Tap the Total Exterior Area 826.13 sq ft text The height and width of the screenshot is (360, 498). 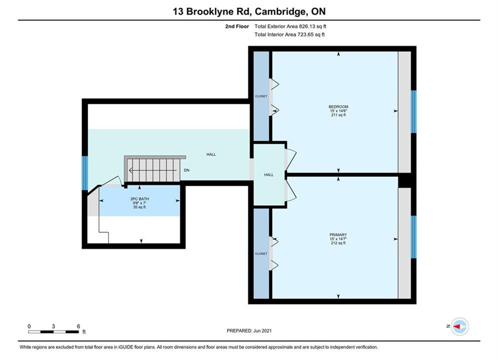[x=290, y=26]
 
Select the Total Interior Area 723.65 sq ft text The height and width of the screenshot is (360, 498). [x=289, y=34]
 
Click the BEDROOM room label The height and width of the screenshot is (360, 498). [x=338, y=107]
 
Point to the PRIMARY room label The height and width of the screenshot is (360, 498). [x=338, y=234]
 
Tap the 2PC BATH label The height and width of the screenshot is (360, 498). [x=140, y=199]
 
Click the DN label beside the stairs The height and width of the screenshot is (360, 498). [x=186, y=170]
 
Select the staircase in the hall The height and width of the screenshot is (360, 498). [x=155, y=169]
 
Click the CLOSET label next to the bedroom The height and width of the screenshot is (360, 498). [x=261, y=96]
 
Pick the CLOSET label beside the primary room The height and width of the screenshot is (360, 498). [x=261, y=253]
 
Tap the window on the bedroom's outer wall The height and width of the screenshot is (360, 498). [x=413, y=111]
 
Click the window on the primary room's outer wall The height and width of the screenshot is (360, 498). [x=413, y=237]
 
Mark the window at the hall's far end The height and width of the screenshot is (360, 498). [x=85, y=173]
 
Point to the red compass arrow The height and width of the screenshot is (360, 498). [x=457, y=326]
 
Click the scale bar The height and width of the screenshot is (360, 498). [x=54, y=332]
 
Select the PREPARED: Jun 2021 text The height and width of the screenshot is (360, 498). [x=249, y=330]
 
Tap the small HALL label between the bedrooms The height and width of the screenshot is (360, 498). [x=269, y=175]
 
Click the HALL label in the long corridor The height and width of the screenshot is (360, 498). [x=211, y=154]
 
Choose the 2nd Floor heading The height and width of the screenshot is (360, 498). [x=237, y=26]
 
